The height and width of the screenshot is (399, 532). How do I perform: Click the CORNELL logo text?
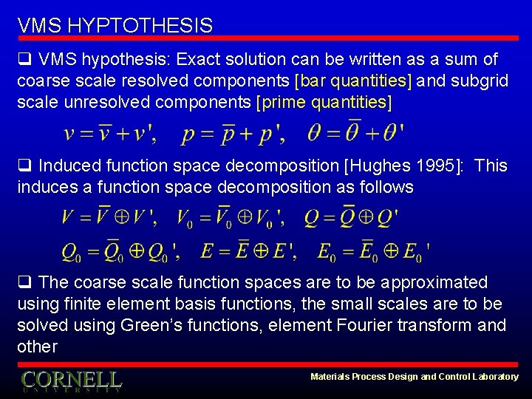click(x=71, y=380)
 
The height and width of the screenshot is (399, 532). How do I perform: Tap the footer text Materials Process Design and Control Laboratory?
click(x=415, y=377)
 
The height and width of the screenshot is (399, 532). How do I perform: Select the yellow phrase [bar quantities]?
click(x=354, y=81)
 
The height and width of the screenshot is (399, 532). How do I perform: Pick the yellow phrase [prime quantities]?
click(x=324, y=102)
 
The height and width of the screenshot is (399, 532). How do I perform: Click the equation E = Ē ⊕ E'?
click(x=248, y=251)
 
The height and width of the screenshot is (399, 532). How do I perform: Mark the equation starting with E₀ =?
click(x=374, y=251)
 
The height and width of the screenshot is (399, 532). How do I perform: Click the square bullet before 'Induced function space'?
click(x=24, y=166)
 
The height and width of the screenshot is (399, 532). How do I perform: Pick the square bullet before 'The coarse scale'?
click(x=24, y=282)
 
